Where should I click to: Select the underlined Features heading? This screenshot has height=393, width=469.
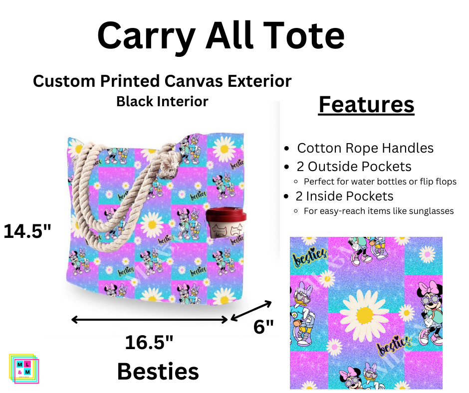coord(366,105)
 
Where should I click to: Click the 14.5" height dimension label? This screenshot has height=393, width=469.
coord(28,231)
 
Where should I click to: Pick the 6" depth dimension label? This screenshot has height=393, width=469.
coord(263,327)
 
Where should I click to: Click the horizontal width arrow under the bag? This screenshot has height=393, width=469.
coord(150,319)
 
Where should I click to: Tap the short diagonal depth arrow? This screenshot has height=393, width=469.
coord(251,311)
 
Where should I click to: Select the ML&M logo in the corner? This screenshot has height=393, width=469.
coord(23,368)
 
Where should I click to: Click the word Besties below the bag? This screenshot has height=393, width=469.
coord(158,372)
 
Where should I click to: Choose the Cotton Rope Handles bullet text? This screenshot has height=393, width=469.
coord(365,148)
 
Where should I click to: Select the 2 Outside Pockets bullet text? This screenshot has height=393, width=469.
coord(354,167)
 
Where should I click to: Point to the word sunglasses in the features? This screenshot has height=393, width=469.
coord(432,211)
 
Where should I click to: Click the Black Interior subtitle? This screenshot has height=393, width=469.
coord(162,101)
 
